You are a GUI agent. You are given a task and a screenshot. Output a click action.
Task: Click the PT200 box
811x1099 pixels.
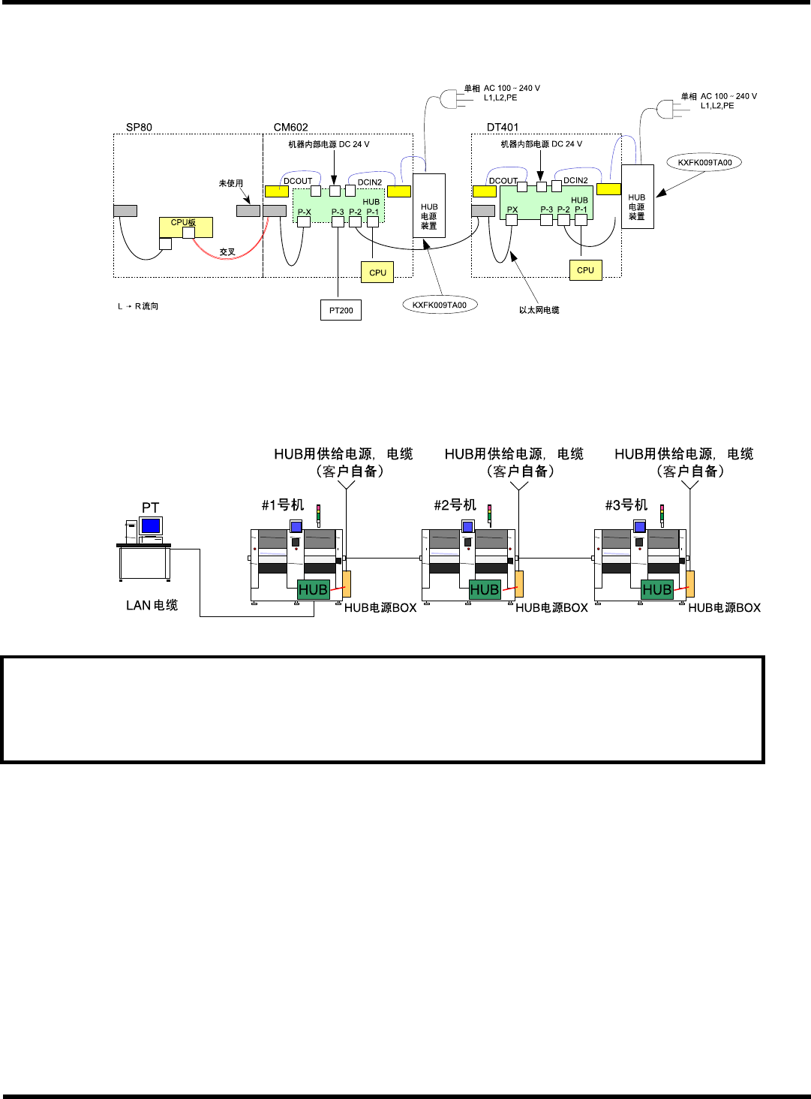pos(341,310)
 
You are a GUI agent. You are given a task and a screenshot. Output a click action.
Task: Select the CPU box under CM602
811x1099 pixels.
pos(377,272)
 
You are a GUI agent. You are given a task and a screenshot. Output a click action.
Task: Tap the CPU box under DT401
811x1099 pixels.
pos(585,270)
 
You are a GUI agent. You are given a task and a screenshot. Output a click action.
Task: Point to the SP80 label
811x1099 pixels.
pos(139,127)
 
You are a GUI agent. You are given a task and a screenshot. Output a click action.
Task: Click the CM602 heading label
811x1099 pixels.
pos(290,127)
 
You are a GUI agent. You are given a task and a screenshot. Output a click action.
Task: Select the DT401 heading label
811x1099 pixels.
pos(503,127)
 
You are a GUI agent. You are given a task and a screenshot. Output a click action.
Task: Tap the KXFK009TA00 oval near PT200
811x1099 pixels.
pos(440,305)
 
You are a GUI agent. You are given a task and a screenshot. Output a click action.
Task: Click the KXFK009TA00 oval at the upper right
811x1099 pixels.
pos(704,162)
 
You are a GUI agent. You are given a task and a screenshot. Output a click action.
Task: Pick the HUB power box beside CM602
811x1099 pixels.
pos(429,206)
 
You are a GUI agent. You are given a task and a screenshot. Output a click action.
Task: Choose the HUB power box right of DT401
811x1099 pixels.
pos(637,197)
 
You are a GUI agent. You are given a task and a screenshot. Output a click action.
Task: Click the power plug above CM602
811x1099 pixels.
pos(449,98)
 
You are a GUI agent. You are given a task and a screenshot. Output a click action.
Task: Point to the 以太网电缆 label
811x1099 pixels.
pos(539,310)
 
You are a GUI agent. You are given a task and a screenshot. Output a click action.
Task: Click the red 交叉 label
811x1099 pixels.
pos(227,252)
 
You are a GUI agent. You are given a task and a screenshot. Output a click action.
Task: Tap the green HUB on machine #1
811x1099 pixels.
pos(313,590)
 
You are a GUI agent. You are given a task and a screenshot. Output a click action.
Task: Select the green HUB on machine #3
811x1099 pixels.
pos(656,590)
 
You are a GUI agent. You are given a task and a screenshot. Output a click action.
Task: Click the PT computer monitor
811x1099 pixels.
pos(151,525)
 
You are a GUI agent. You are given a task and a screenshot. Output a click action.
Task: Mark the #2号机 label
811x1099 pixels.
pos(455,505)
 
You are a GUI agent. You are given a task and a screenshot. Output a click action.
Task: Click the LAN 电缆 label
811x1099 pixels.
pos(152,605)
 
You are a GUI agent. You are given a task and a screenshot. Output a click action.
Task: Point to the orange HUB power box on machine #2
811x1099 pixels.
pos(519,583)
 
